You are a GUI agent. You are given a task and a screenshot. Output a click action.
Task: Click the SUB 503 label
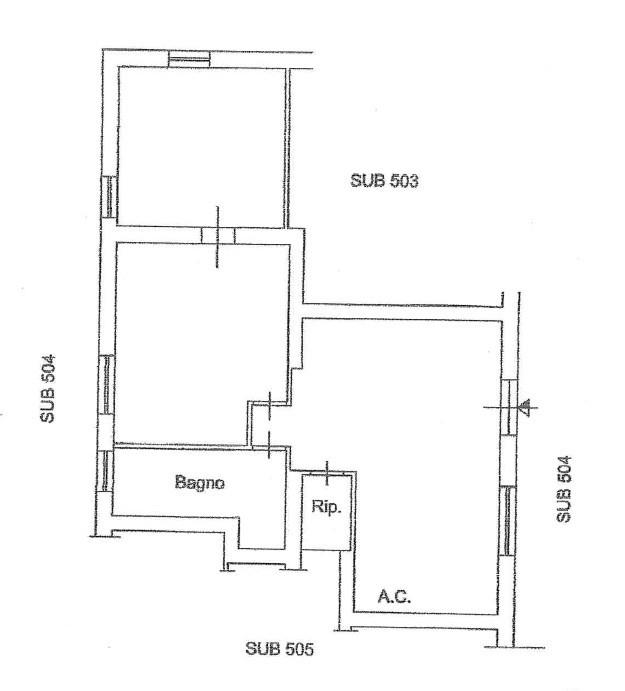click(x=384, y=181)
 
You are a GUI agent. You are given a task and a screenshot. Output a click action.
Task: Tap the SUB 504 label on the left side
click(x=48, y=389)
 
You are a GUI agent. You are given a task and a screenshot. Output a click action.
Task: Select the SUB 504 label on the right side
click(x=564, y=489)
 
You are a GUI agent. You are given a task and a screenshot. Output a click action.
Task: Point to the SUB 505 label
click(x=279, y=649)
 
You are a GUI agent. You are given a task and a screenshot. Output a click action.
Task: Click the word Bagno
click(x=200, y=482)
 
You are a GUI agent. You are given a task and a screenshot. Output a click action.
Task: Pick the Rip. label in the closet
click(x=326, y=506)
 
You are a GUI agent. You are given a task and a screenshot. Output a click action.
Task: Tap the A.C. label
click(x=394, y=597)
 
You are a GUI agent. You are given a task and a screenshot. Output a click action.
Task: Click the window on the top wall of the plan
click(x=190, y=59)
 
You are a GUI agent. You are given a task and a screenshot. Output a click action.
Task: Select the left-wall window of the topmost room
click(x=109, y=197)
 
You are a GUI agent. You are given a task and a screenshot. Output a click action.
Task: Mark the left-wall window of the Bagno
click(x=104, y=471)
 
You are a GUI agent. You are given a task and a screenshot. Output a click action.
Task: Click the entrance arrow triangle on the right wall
click(x=525, y=407)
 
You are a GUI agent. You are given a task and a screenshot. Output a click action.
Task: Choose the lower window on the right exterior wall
click(x=508, y=520)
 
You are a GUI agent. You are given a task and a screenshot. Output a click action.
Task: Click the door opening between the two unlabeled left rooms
click(x=218, y=235)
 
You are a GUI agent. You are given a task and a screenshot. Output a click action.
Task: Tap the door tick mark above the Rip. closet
click(x=327, y=473)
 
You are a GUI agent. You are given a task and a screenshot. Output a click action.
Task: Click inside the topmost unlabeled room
click(x=201, y=147)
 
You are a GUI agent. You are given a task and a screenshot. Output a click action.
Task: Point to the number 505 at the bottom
click(x=299, y=649)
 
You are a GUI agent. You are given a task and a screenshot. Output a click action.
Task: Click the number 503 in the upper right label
click(x=404, y=181)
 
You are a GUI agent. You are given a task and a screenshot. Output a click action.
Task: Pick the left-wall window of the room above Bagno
click(x=106, y=384)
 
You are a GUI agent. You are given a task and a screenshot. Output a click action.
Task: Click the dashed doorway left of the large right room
click(x=269, y=424)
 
